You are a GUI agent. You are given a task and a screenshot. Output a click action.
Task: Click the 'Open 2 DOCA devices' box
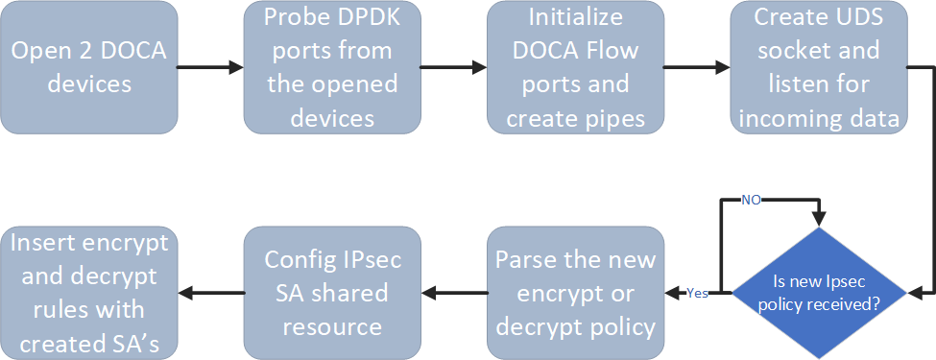(88, 67)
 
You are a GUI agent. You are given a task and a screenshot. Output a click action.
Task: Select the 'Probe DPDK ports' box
(332, 67)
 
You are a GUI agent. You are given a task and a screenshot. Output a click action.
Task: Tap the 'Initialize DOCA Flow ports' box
(575, 67)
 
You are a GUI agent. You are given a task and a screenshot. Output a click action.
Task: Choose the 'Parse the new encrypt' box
(575, 293)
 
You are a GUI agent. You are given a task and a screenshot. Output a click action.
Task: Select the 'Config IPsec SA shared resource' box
(332, 293)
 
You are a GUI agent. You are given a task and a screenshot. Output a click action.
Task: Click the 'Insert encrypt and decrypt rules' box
(88, 293)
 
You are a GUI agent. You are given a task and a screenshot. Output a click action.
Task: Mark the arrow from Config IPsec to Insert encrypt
(210, 293)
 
